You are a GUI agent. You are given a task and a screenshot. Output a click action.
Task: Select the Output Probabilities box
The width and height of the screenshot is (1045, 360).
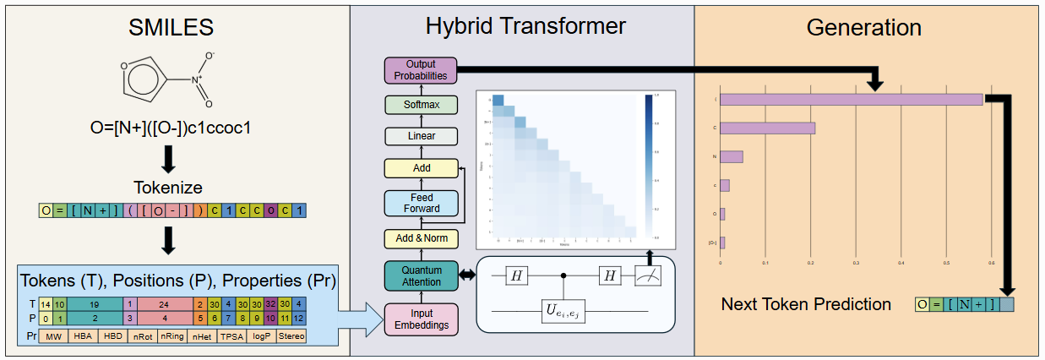(x=420, y=70)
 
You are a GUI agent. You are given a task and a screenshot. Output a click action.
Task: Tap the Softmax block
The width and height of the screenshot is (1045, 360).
(x=421, y=105)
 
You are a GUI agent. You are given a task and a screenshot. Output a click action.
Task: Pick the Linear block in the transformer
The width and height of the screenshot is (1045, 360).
(x=421, y=136)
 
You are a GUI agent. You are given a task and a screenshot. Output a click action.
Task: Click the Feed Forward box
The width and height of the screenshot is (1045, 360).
(x=421, y=203)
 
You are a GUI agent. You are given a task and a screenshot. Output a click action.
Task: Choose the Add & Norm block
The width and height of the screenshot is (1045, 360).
(x=421, y=238)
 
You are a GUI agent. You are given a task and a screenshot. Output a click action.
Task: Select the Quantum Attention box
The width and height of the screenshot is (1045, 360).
(x=421, y=275)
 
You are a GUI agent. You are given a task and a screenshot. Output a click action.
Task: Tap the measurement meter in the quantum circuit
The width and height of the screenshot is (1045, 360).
(x=648, y=275)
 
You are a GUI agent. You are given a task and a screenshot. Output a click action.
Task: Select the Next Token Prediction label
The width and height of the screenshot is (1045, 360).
(x=806, y=304)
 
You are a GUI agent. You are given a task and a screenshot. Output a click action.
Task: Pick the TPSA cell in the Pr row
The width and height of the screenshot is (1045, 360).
(x=231, y=335)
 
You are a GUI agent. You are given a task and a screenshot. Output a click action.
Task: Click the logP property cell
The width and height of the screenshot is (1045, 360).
(x=261, y=335)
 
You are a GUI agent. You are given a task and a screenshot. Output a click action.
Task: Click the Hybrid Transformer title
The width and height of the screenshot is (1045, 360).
(x=525, y=26)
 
